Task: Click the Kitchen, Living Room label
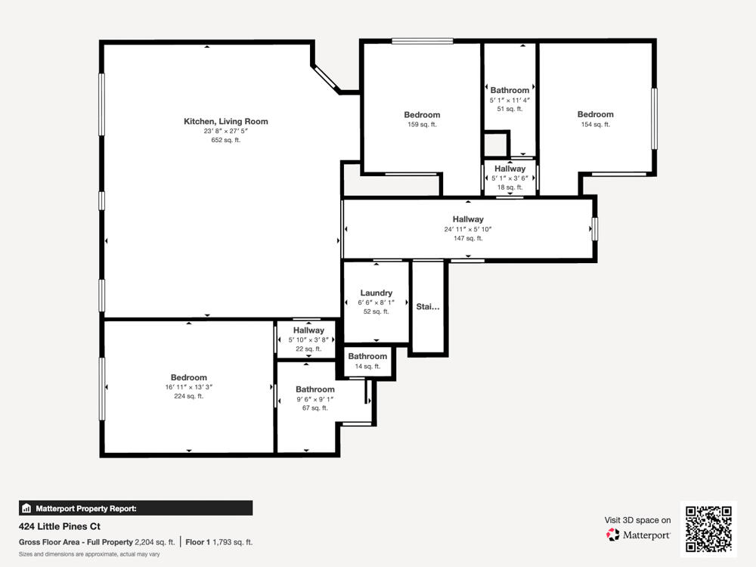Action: [x=225, y=121]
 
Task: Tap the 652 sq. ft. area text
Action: [x=225, y=140]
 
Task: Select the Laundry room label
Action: [x=376, y=293]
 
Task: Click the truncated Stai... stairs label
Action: [x=427, y=306]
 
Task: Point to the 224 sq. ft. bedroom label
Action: [x=188, y=377]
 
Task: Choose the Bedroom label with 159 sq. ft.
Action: [x=422, y=115]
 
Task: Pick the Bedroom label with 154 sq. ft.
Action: [x=595, y=115]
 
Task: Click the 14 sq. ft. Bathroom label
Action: [x=367, y=356]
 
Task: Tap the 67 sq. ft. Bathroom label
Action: [x=314, y=389]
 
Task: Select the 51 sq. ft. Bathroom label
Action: [x=510, y=90]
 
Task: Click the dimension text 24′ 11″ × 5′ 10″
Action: [x=468, y=229]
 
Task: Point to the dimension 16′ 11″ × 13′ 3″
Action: [x=188, y=386]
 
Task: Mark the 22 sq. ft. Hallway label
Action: [x=308, y=330]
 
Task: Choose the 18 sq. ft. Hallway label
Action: [x=510, y=169]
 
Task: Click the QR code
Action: [x=708, y=528]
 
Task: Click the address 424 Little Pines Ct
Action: [x=59, y=526]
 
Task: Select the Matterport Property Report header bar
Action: [x=135, y=508]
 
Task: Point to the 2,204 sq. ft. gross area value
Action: [x=154, y=542]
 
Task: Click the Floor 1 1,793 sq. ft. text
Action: [x=219, y=542]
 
